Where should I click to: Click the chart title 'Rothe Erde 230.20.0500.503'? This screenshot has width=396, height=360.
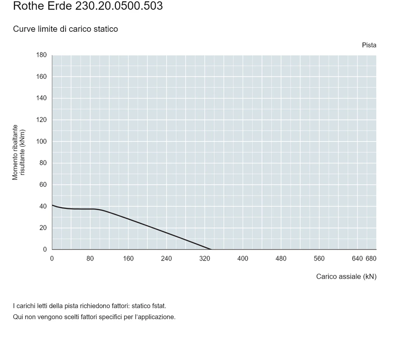tap(88, 6)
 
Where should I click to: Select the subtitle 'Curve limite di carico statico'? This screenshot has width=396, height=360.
tap(66, 29)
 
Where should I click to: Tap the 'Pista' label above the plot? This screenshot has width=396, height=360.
tap(369, 45)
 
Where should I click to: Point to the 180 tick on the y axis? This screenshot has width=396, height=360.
tap(41, 55)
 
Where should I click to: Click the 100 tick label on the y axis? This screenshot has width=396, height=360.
tap(41, 141)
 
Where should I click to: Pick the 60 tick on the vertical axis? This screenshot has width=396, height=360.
tap(43, 185)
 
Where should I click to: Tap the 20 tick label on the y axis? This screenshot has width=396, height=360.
tap(43, 228)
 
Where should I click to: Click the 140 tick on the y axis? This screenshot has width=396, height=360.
tap(41, 98)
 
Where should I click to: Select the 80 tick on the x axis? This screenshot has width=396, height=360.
tap(90, 259)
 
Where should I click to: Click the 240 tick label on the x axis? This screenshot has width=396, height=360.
tap(166, 259)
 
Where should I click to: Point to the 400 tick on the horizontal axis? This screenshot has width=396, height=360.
tap(243, 259)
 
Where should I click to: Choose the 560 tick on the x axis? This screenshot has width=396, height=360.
tap(319, 259)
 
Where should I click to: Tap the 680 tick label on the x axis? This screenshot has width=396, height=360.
tap(371, 259)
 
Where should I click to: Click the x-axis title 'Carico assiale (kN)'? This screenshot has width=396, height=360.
tap(346, 277)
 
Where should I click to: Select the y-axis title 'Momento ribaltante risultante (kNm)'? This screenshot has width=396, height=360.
tap(19, 152)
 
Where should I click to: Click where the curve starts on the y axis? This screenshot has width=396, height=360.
tap(52, 205)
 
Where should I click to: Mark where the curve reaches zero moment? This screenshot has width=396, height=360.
tap(211, 249)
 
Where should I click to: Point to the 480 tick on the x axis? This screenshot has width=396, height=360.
tap(281, 259)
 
